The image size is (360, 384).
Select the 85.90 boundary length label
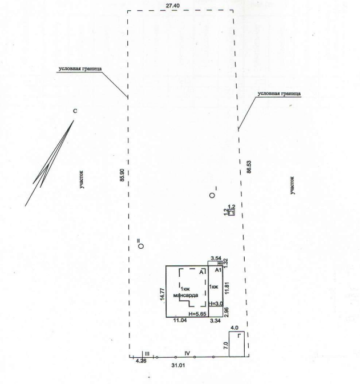pos(121,175)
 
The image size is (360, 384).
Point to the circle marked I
pos(212,195)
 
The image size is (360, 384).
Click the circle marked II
pos(141,246)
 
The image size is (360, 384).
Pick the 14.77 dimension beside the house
pos(162,294)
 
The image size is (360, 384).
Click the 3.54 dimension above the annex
pos(216,259)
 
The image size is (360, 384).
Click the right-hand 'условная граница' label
pos(280,92)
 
